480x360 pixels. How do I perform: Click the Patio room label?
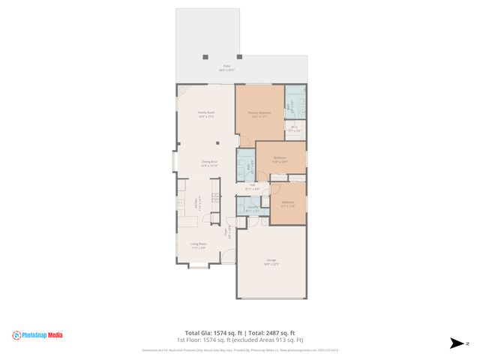coord(226,67)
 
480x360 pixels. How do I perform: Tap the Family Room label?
coord(206,114)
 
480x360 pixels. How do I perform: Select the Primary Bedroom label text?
coord(259,114)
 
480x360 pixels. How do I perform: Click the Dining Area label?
coord(208,163)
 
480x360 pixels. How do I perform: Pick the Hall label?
coord(252,187)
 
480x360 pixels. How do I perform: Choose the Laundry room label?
coord(252,208)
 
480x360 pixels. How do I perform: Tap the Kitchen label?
coord(198,201)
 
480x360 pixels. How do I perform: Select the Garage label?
coord(271,262)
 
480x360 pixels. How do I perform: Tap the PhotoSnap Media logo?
coord(37,335)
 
